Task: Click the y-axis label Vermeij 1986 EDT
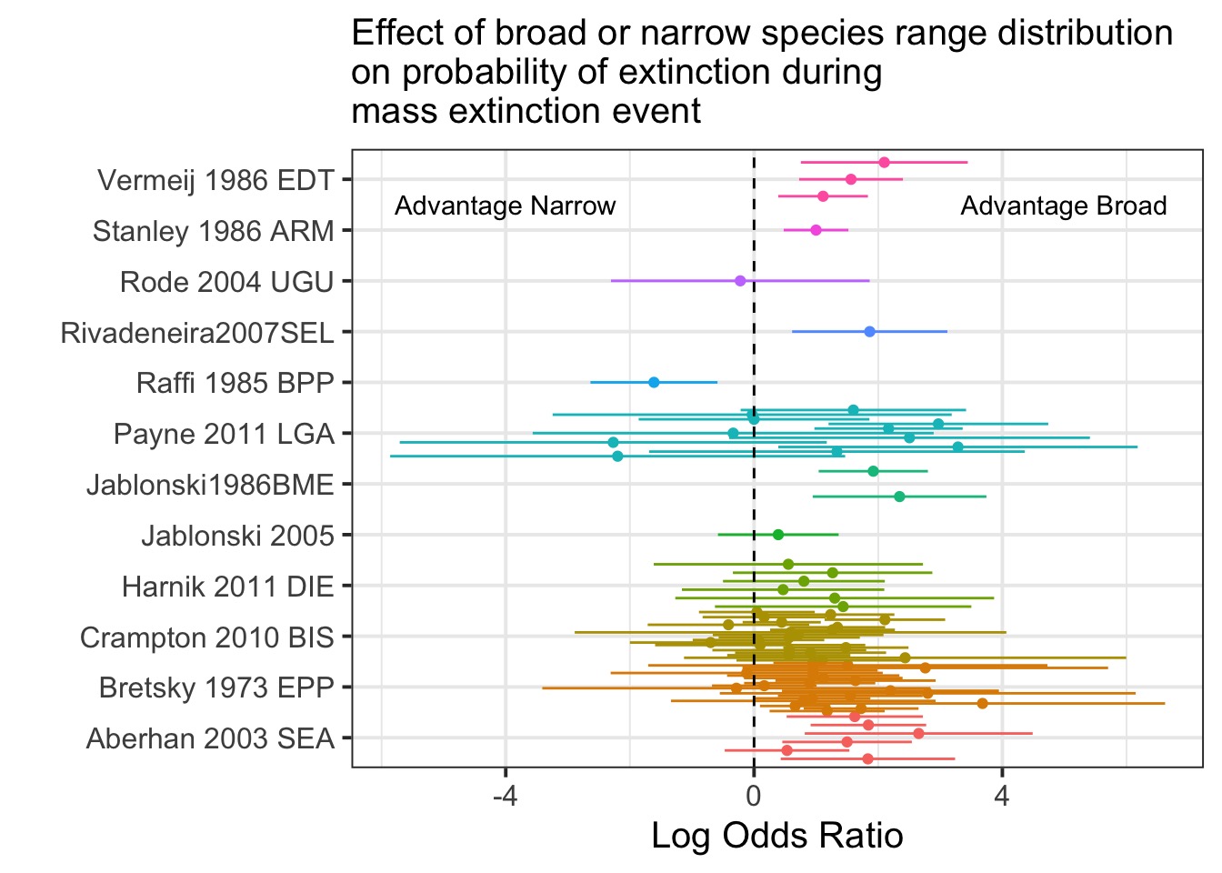[215, 180]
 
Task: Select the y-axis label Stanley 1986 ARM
[214, 231]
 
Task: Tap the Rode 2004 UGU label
[226, 282]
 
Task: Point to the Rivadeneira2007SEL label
[197, 333]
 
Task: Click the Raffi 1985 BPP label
[235, 383]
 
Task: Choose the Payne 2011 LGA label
[224, 434]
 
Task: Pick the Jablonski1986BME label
[210, 485]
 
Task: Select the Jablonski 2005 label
[237, 536]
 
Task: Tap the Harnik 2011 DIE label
[228, 587]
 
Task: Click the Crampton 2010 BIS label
[207, 637]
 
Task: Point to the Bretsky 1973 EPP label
[216, 687]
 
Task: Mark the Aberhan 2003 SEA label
[210, 738]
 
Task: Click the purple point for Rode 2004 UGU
[740, 281]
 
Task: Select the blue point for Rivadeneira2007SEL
[869, 332]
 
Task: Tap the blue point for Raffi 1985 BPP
[654, 382]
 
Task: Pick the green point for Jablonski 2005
[778, 535]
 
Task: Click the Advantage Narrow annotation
[506, 206]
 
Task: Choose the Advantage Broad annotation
[1064, 206]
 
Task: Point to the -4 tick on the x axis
[505, 798]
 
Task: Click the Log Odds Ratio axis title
[777, 836]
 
